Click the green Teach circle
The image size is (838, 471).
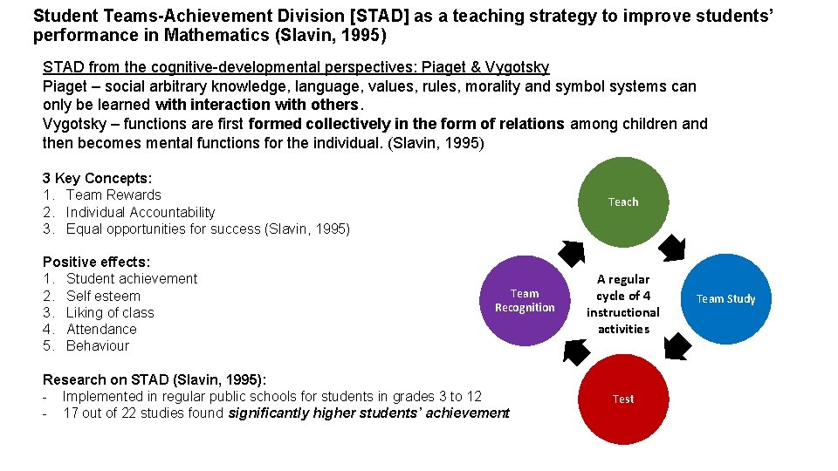pyautogui.click(x=623, y=201)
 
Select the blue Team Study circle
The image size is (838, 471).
pyautogui.click(x=725, y=298)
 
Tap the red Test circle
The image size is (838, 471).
pyautogui.click(x=623, y=399)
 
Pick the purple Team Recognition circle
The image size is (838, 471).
pyautogui.click(x=525, y=300)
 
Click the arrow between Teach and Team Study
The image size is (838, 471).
pyautogui.click(x=672, y=249)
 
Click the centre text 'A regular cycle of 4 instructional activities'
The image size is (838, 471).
pyautogui.click(x=623, y=304)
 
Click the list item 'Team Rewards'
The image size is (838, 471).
pyautogui.click(x=113, y=195)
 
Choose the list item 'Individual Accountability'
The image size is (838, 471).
pyautogui.click(x=141, y=212)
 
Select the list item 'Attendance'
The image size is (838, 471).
pyautogui.click(x=101, y=329)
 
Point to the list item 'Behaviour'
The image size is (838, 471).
pyautogui.click(x=98, y=345)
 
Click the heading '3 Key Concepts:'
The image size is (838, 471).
pyautogui.click(x=97, y=178)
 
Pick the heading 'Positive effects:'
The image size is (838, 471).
pyautogui.click(x=96, y=262)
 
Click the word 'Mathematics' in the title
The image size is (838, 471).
pyautogui.click(x=235, y=36)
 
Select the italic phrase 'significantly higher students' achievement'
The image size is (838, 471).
pyautogui.click(x=368, y=413)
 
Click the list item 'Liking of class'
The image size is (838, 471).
pyautogui.click(x=110, y=312)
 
